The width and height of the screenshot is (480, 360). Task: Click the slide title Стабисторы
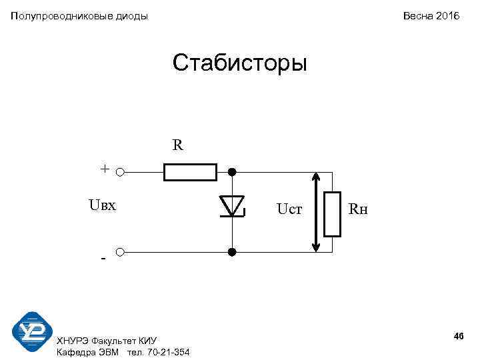239,64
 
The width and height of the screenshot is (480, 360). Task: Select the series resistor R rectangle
190,172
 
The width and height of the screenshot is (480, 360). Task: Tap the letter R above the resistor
177,145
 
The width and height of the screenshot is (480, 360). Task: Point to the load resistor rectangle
332,214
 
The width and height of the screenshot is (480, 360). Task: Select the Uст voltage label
290,210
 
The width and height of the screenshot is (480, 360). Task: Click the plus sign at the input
105,169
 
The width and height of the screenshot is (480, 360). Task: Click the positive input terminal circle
119,172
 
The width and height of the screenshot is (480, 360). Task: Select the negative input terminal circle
119,252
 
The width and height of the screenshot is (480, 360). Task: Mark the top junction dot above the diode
232,172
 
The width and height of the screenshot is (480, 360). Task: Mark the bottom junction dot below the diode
232,252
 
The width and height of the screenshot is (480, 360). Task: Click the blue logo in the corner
32,331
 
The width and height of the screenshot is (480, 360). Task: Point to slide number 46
458,335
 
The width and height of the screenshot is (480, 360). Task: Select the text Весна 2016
431,15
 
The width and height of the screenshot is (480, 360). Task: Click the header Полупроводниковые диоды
79,15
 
